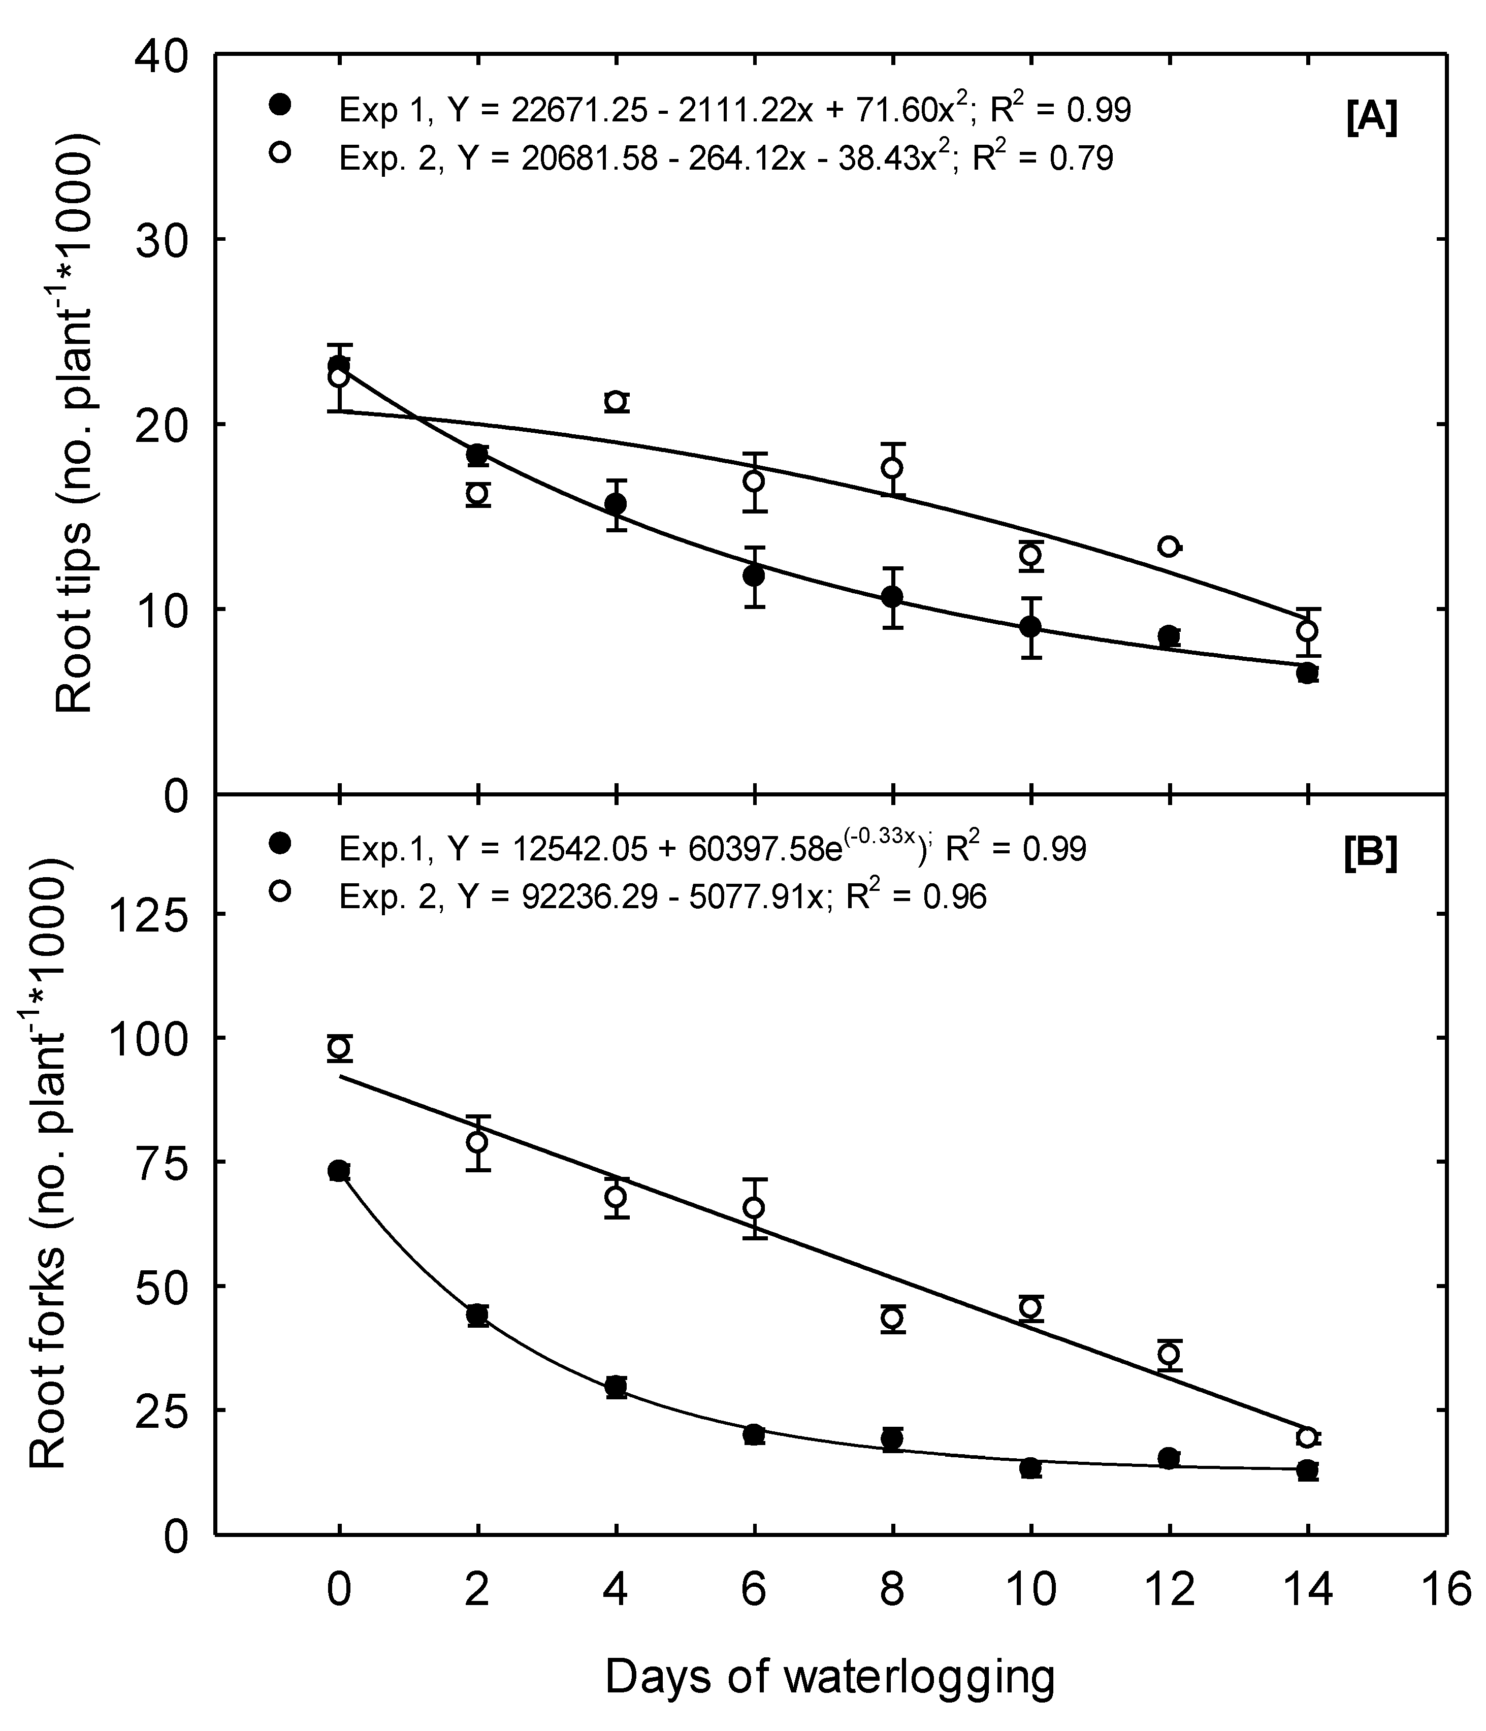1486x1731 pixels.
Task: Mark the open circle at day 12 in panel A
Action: (1169, 547)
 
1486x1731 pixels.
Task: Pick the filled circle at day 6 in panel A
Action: (754, 575)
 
